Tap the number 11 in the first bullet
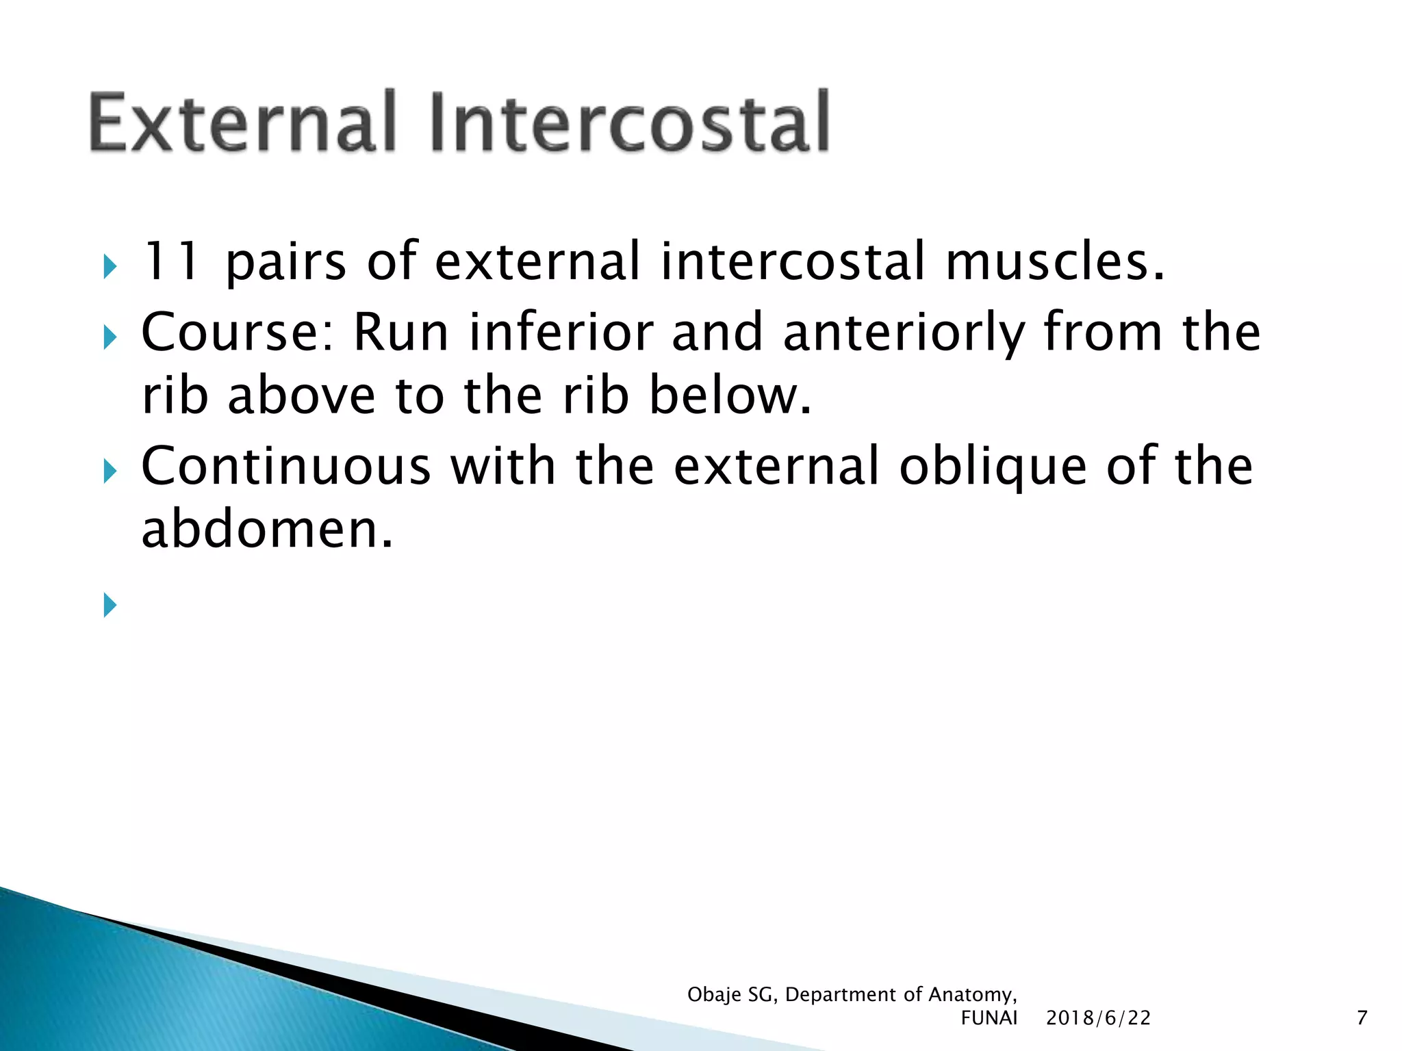point(170,261)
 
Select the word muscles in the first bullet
point(1054,261)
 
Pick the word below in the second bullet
point(730,396)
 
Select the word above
point(301,396)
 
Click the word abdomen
point(267,530)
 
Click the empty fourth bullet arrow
point(110,605)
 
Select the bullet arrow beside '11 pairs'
point(110,267)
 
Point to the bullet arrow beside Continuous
point(110,471)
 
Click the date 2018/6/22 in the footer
point(1098,1018)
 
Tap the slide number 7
point(1362,1018)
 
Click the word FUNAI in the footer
point(989,1018)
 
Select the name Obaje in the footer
point(714,995)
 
